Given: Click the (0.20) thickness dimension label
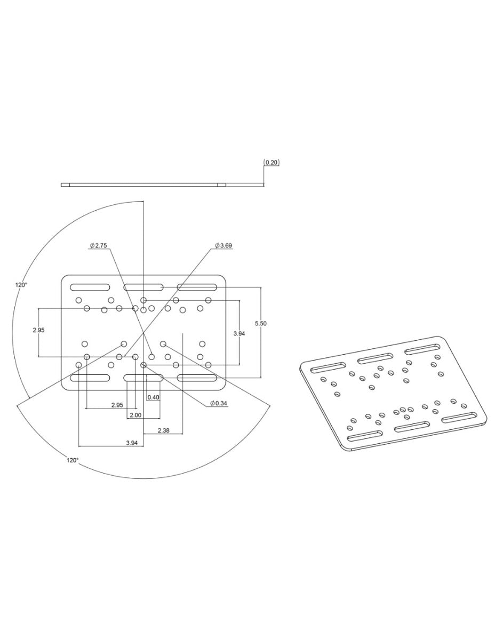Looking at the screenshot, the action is (270, 162).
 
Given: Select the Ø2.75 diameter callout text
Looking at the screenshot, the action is (98, 245).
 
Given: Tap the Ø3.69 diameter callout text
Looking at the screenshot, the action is (223, 245).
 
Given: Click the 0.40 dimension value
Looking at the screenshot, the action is (154, 397).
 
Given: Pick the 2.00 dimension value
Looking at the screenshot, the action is (135, 415).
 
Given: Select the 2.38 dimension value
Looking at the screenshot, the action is (163, 430).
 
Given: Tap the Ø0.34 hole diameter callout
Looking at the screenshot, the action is (219, 404).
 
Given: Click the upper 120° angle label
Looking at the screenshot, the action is (21, 285).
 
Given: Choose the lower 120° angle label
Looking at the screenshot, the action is (73, 460).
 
